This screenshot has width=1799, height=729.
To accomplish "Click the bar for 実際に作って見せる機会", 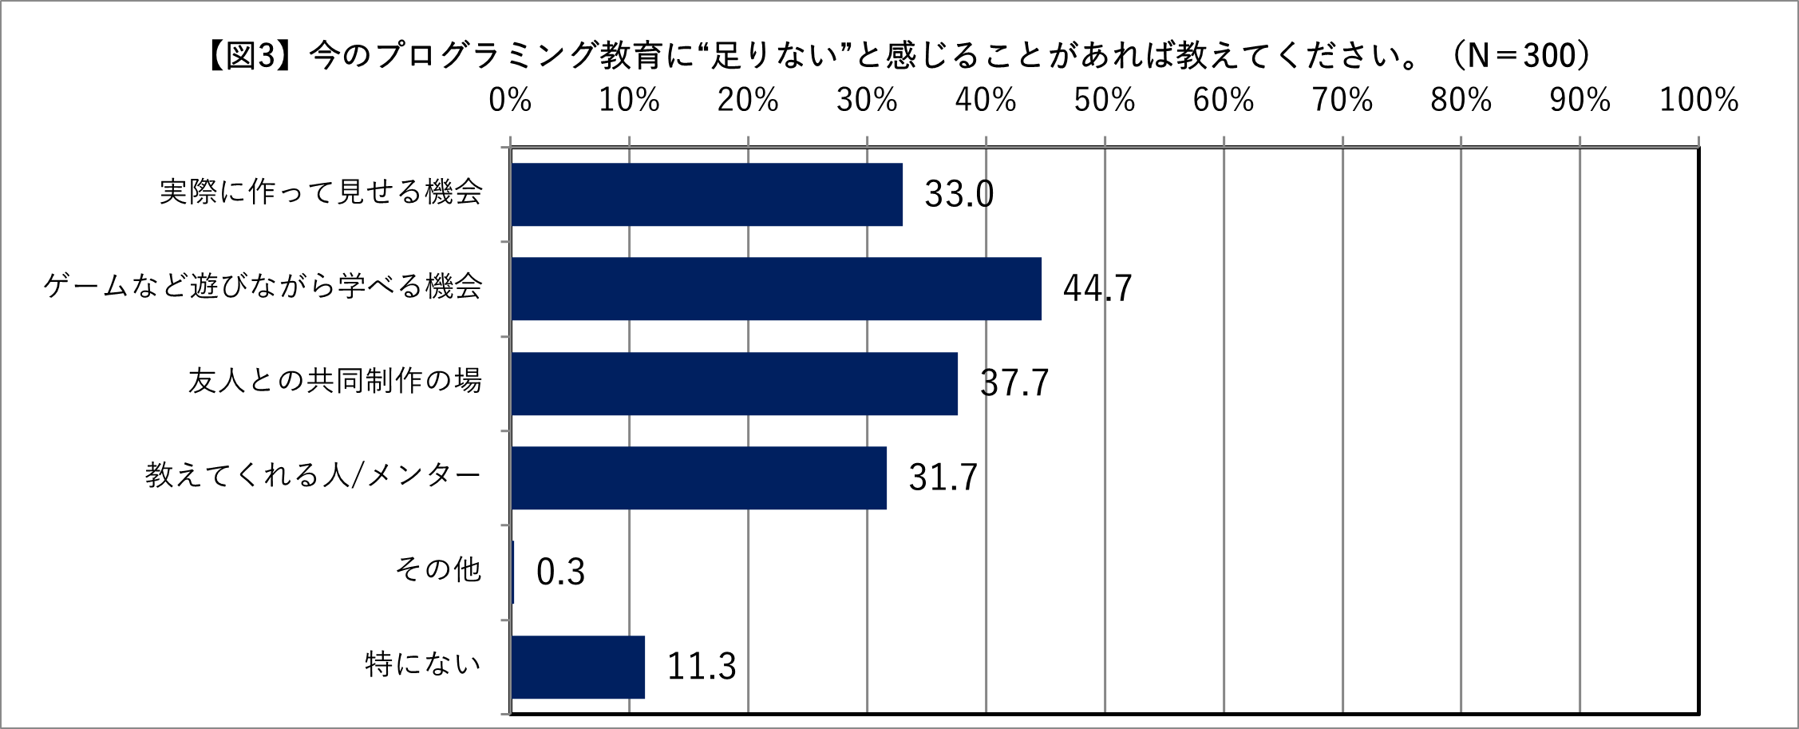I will [707, 194].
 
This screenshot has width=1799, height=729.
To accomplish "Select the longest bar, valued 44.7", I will [776, 288].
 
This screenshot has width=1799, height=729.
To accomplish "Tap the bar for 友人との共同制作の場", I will [734, 383].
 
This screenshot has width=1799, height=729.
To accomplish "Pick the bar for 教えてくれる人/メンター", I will [699, 477].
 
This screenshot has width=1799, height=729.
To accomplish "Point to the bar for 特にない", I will [578, 667].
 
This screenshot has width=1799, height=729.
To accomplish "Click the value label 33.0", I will [959, 194].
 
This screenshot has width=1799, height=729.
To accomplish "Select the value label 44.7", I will [1097, 288].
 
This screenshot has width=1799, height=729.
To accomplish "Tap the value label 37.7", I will [1014, 383].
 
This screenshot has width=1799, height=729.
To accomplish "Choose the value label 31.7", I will [943, 477].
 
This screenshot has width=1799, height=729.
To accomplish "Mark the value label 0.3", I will [560, 572].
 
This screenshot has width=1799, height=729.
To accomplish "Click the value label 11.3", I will [701, 667].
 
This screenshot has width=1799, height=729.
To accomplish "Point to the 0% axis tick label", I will [510, 101].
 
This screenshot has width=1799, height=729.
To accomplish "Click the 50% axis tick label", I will [1105, 101].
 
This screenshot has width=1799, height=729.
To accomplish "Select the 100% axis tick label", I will [1699, 101].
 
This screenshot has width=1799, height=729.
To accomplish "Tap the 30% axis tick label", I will [867, 101].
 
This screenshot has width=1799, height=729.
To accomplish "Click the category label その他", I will [438, 569].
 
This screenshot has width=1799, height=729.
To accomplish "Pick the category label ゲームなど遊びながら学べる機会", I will [263, 286].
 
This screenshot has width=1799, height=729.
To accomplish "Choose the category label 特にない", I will [423, 664].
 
